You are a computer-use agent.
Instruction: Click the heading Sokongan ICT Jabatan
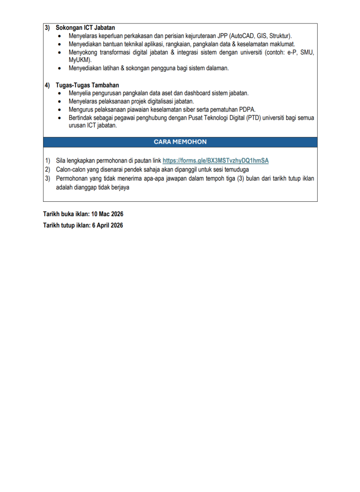pos(85,28)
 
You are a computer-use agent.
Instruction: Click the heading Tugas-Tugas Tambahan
pos(87,85)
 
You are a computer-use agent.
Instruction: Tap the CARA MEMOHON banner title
pos(180,142)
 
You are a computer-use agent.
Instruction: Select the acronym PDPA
pos(247,110)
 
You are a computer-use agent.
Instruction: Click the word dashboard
pos(207,93)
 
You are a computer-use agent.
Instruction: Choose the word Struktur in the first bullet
pos(281,36)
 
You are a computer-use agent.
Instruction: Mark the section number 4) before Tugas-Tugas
pos(48,85)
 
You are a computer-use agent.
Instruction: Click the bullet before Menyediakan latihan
pos(59,69)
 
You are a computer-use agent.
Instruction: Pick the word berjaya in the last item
pos(120,187)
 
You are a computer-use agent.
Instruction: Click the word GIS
pos(263,36)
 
